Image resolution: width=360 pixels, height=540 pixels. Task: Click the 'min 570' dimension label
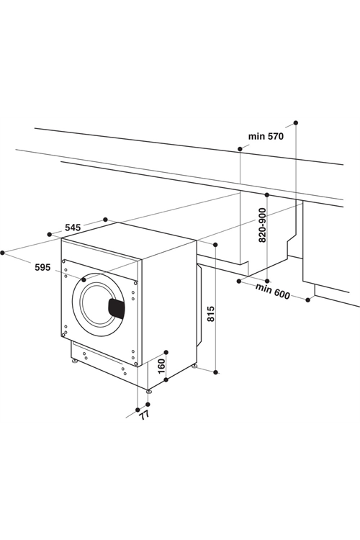tap(266, 136)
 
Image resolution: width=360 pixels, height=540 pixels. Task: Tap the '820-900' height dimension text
tap(263, 225)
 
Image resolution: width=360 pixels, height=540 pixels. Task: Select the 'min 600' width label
tap(272, 291)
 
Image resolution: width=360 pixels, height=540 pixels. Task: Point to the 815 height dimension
tap(211, 313)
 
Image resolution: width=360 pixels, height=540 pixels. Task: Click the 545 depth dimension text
tap(73, 228)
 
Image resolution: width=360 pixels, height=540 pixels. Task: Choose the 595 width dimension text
tap(42, 267)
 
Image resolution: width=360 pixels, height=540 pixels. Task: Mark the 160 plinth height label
tap(161, 366)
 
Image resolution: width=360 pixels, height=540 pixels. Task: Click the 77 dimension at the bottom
tap(145, 415)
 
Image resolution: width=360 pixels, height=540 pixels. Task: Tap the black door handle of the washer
tap(116, 308)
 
